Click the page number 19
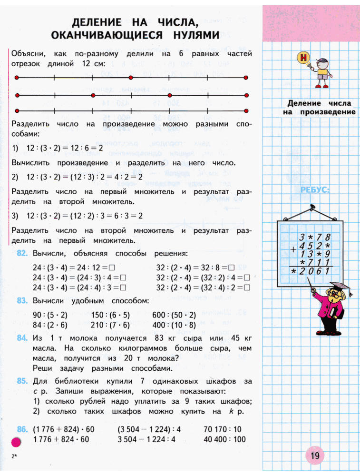pyautogui.click(x=315, y=456)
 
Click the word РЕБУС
pyautogui.click(x=315, y=190)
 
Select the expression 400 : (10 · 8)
pyautogui.click(x=174, y=325)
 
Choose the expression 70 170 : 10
pyautogui.click(x=223, y=429)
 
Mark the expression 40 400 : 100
pyautogui.click(x=224, y=439)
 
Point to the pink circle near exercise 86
pyautogui.click(x=16, y=443)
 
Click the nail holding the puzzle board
pyautogui.click(x=311, y=208)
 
